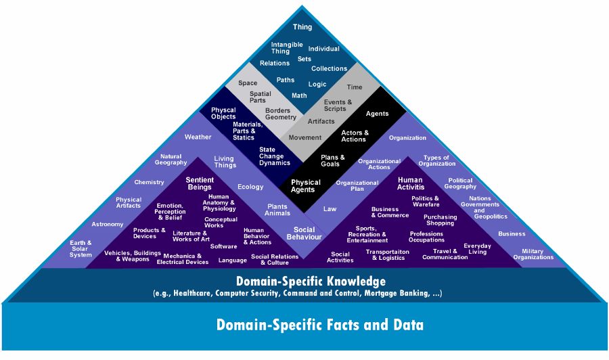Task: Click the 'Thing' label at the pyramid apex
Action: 302,27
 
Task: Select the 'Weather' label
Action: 198,137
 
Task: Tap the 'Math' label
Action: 299,95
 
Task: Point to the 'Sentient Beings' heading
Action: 200,183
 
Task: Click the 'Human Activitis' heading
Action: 411,183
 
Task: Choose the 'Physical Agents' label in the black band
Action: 306,186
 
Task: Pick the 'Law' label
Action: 330,209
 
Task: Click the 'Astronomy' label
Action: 107,224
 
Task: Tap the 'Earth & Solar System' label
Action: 81,248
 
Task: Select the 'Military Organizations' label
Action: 533,254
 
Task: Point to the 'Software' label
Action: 223,246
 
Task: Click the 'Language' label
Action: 232,261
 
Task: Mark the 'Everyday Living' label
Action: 477,249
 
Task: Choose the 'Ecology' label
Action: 250,187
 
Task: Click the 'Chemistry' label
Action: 149,182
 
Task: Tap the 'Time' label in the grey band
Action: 354,87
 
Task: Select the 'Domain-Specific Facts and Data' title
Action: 319,325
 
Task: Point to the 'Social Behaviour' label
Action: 304,233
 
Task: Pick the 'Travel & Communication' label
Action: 445,254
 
